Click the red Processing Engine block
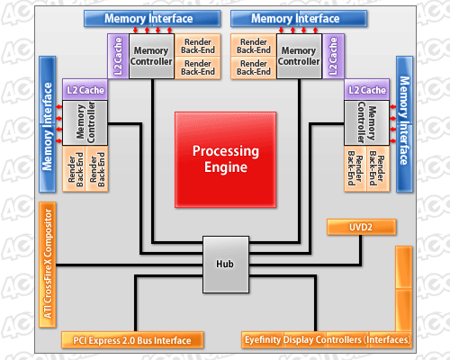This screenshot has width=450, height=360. click(226, 159)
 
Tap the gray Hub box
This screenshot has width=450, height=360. click(226, 265)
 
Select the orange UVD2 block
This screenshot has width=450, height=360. click(361, 227)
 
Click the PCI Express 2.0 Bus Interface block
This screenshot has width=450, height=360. click(132, 340)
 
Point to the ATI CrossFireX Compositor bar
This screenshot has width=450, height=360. click(48, 265)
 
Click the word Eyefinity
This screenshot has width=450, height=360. click(263, 340)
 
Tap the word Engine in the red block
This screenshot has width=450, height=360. click(226, 167)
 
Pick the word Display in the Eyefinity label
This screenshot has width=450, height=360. click(298, 340)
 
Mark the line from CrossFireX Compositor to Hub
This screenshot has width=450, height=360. click(130, 265)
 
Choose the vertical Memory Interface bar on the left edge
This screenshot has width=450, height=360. click(48, 124)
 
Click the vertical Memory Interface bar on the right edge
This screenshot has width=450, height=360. click(404, 124)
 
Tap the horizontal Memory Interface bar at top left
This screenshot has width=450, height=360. click(152, 19)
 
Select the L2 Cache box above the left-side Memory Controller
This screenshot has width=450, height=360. click(85, 90)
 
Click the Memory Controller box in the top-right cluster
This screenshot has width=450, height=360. click(299, 56)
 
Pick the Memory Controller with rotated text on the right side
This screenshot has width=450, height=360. click(366, 123)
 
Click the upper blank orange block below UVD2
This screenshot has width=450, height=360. click(403, 267)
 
